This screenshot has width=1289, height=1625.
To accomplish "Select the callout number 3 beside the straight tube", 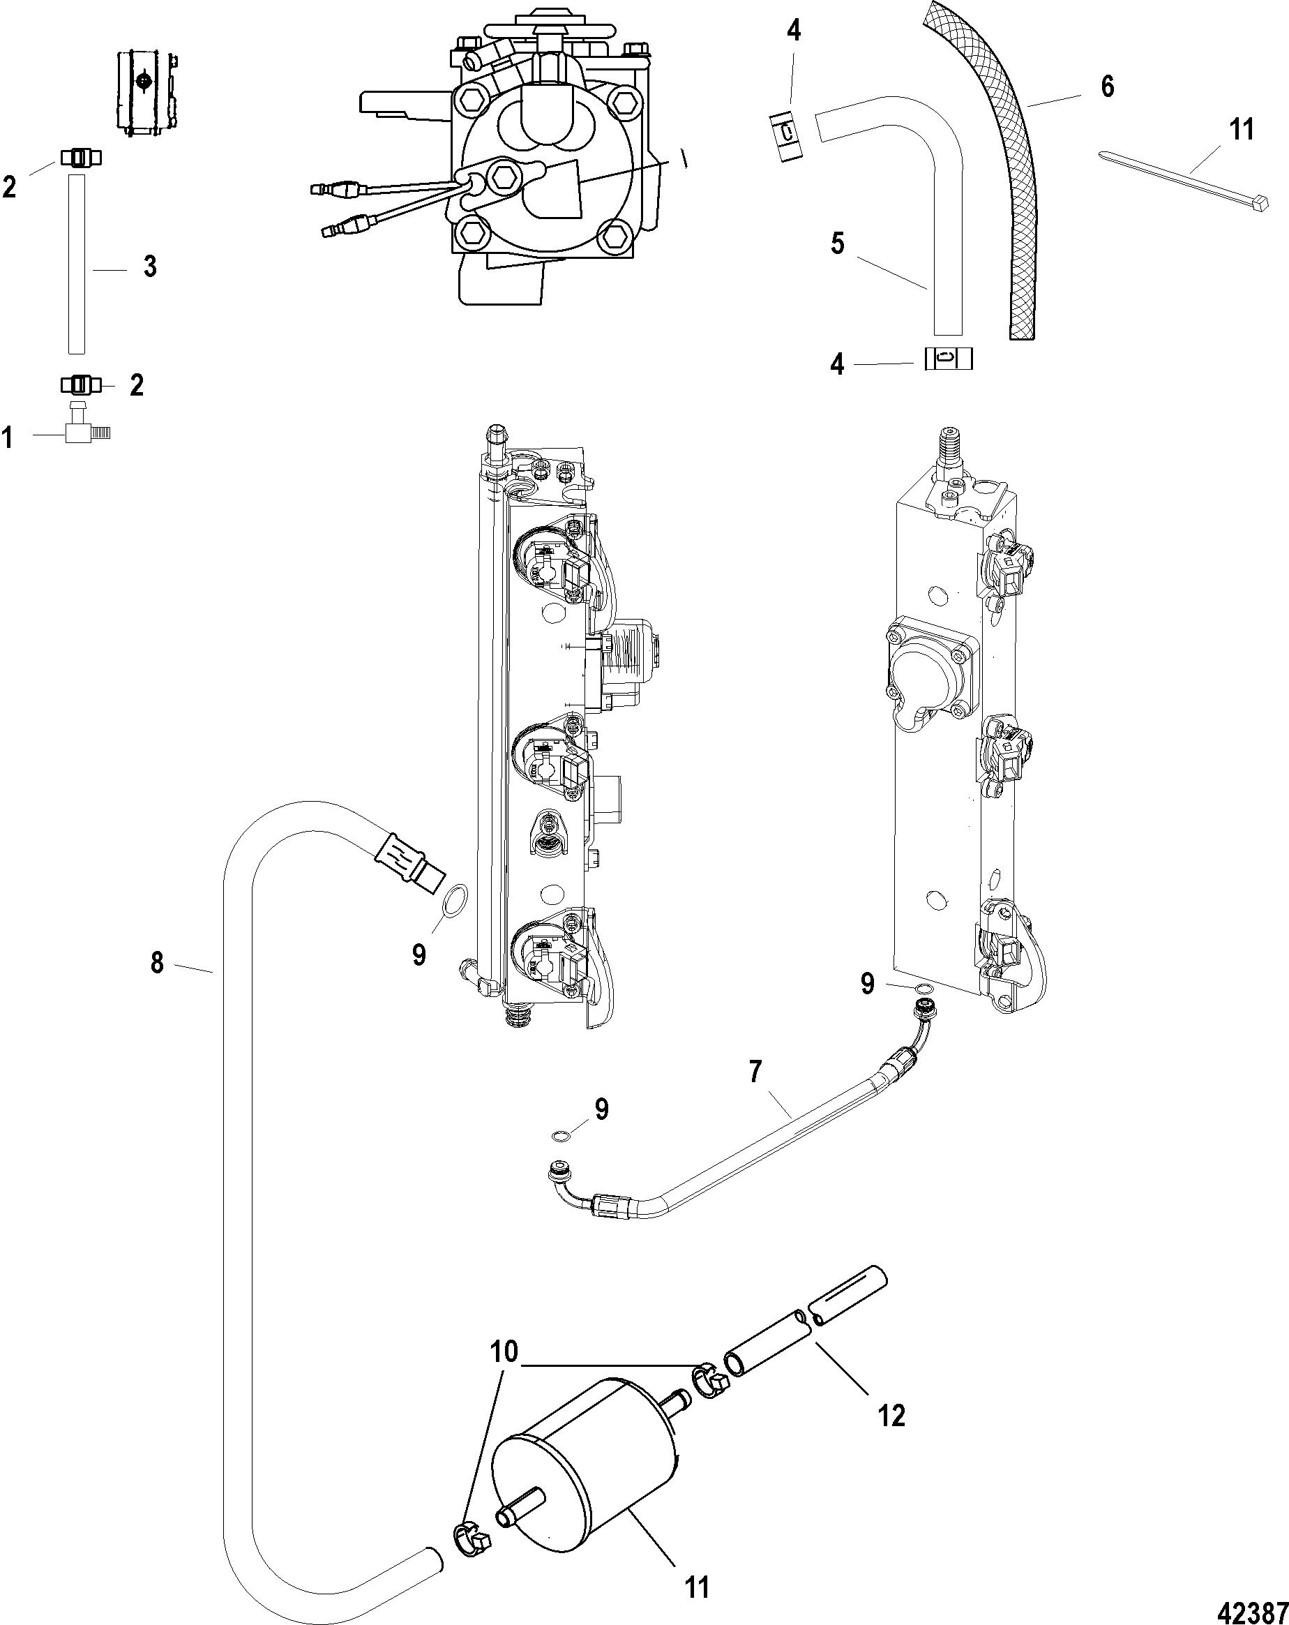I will click(x=150, y=266).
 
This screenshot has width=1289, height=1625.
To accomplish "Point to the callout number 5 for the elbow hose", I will click(x=838, y=244).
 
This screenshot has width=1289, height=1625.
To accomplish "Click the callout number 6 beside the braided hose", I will click(x=1107, y=87).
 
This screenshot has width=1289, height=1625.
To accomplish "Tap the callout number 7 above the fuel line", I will click(x=755, y=1070).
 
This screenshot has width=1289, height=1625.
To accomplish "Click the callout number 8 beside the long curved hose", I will click(x=157, y=962).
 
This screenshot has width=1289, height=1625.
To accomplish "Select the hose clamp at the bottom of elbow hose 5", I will click(x=949, y=358).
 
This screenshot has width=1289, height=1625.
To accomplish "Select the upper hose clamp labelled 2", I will click(x=79, y=158).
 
